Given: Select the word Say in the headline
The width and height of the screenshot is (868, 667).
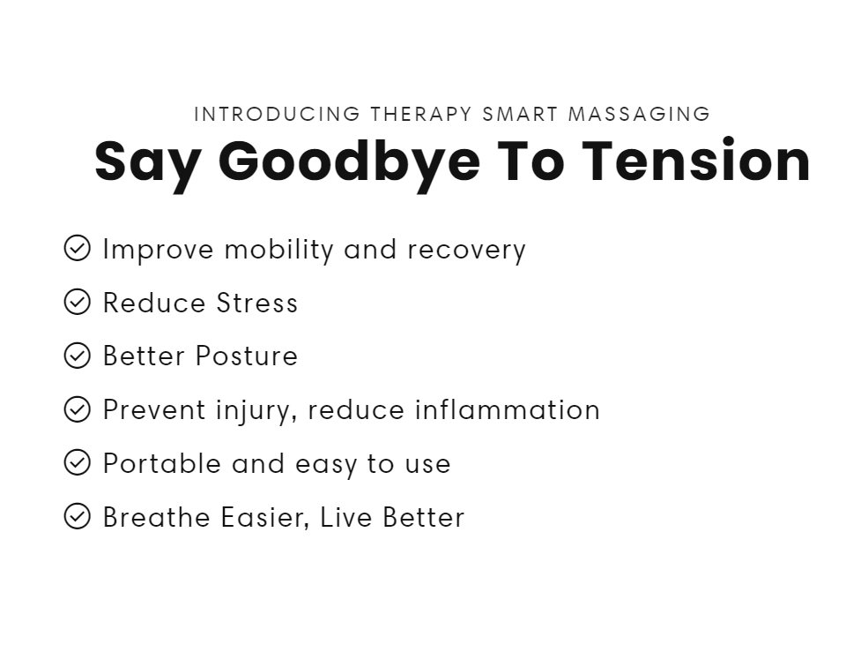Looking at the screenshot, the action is click(148, 165).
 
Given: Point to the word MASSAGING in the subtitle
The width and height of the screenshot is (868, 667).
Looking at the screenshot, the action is click(640, 114).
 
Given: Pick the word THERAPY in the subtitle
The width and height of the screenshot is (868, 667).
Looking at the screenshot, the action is click(421, 114).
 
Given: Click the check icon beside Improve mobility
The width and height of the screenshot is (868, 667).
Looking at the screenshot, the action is click(77, 248).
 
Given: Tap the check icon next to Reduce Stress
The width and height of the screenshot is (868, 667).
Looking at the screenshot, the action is click(77, 302).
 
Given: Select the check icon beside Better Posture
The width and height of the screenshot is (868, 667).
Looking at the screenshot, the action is click(77, 356).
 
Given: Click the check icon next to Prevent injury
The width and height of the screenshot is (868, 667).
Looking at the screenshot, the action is click(77, 409).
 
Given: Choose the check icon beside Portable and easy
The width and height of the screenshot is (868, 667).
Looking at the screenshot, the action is click(77, 462).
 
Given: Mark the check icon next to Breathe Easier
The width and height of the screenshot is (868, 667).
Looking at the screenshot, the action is click(77, 516).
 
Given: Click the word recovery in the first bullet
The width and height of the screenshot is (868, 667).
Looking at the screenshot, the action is click(467, 251).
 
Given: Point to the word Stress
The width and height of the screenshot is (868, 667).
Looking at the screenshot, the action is click(257, 303).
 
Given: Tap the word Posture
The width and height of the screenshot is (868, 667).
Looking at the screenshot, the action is click(247, 356).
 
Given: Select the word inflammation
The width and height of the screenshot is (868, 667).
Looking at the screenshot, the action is click(508, 409).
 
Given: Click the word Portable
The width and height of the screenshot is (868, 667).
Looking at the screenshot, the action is click(162, 463).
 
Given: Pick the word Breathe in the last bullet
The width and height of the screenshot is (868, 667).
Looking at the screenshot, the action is click(156, 517).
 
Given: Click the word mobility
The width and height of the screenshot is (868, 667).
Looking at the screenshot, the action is click(279, 250).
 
